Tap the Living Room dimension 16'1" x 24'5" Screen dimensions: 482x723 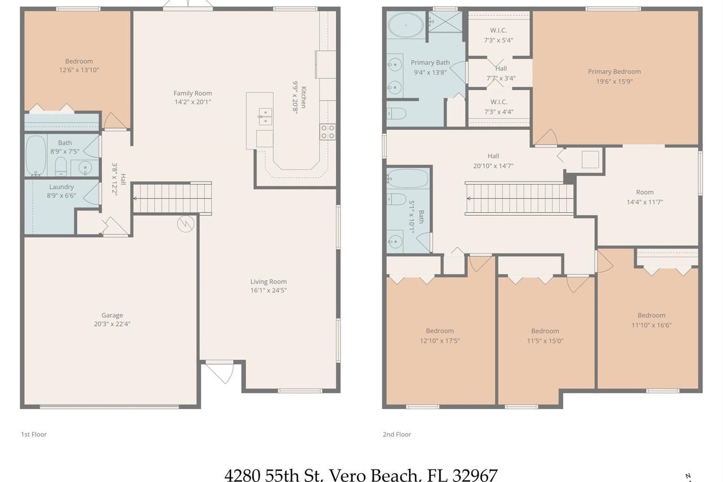(268, 291)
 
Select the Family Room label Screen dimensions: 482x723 (193, 93)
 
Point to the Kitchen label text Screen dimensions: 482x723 (303, 97)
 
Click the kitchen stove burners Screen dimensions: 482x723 (328, 132)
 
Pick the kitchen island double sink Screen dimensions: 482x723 (264, 116)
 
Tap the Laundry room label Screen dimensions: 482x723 (62, 187)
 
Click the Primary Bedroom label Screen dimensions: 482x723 (614, 72)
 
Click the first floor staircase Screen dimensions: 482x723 (172, 198)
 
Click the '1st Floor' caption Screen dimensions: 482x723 (34, 435)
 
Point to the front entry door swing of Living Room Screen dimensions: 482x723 (219, 371)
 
